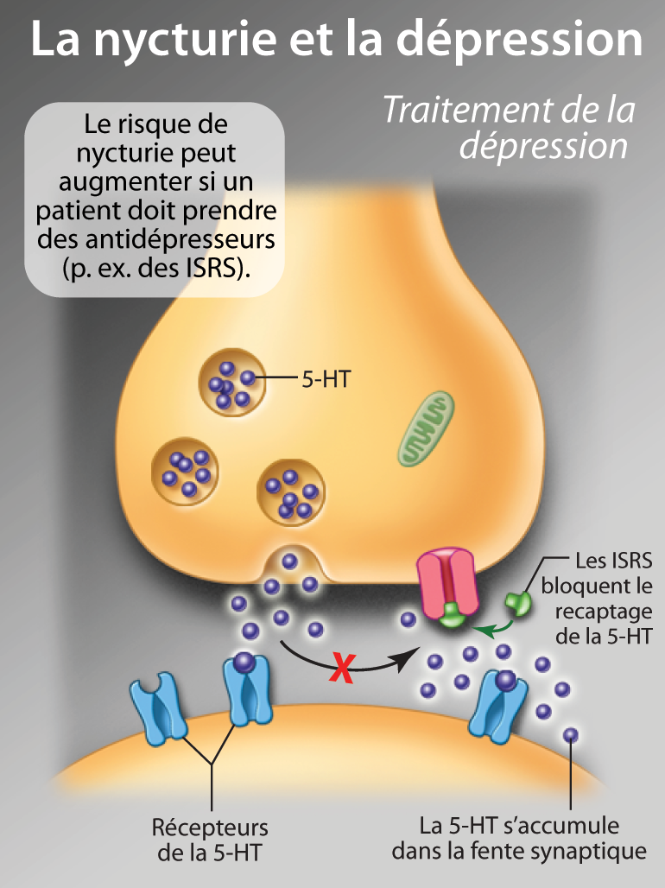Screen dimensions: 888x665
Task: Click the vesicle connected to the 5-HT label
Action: click(x=231, y=383)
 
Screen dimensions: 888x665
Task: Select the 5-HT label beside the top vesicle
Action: click(x=326, y=378)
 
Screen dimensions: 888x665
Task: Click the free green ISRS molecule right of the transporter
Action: click(x=519, y=603)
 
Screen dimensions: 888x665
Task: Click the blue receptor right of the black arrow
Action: click(x=493, y=702)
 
